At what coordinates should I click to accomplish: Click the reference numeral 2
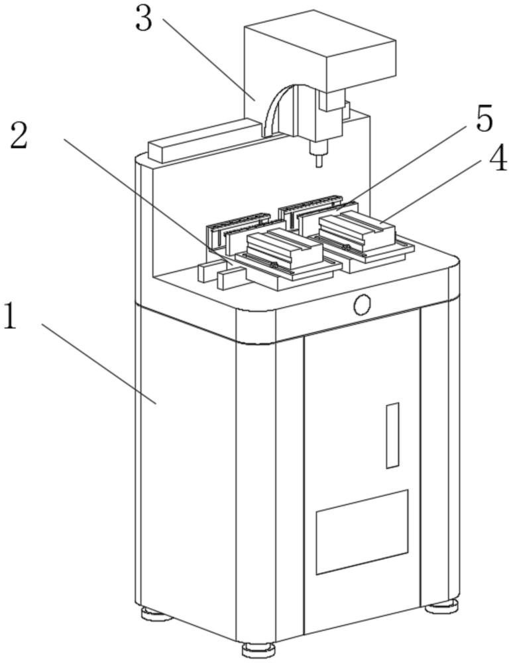point(19,135)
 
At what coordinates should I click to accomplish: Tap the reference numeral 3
point(144,19)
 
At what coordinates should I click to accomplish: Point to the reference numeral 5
point(484,119)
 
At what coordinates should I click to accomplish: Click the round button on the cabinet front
point(363,304)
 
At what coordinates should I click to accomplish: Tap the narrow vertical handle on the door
point(392,436)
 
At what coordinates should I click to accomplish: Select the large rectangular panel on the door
point(363,532)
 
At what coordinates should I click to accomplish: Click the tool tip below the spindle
point(319,160)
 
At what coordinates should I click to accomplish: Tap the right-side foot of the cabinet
point(441,607)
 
